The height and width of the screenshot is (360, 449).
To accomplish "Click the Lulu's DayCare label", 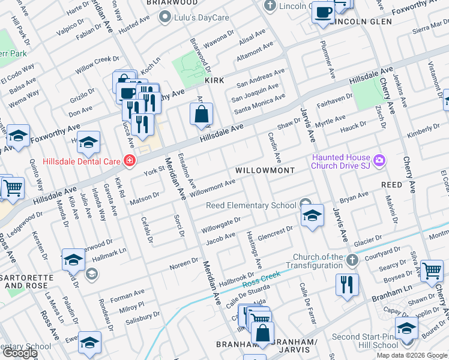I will click(x=202, y=17).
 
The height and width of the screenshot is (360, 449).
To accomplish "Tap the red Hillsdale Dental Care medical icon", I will click(x=128, y=160).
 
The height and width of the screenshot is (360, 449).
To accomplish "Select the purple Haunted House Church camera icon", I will click(x=379, y=160).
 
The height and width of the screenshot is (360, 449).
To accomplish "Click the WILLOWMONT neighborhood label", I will click(x=265, y=170).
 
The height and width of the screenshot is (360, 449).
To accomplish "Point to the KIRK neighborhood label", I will click(x=214, y=80).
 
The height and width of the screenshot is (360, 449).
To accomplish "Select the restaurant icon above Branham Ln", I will click(x=346, y=284).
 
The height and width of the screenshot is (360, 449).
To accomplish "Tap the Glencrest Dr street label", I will click(x=275, y=232).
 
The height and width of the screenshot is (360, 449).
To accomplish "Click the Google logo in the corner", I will click(x=19, y=353).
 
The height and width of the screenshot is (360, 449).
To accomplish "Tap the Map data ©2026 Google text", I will click(x=411, y=355).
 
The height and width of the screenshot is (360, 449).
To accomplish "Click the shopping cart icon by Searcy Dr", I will click(x=432, y=271).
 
